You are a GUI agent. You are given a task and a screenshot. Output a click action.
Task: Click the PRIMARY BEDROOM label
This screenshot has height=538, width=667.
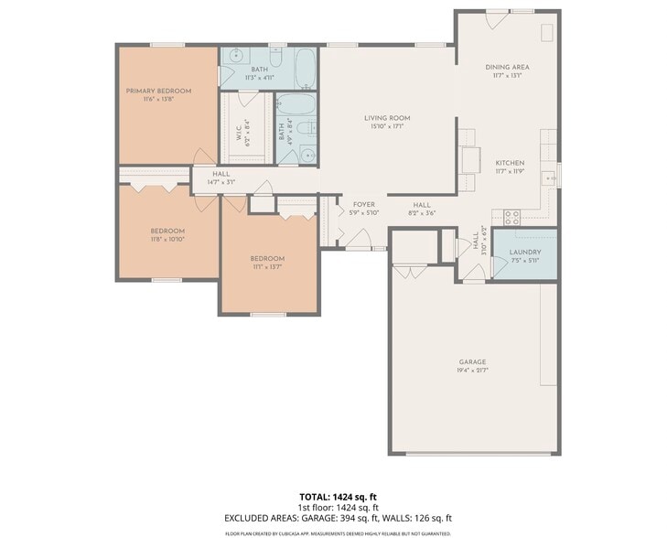[158, 91]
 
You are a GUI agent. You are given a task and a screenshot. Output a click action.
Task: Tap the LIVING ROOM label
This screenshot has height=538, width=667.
[386, 118]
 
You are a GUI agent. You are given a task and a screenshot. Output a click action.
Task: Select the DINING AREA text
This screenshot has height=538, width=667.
[507, 67]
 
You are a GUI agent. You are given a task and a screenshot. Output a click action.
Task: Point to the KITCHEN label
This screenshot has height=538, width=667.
[510, 162]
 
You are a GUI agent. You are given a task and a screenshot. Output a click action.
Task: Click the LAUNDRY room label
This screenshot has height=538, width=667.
[525, 252]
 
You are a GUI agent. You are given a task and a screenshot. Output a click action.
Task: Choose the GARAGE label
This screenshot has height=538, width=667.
[472, 361]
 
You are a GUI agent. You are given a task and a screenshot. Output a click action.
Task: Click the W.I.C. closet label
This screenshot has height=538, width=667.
[239, 134]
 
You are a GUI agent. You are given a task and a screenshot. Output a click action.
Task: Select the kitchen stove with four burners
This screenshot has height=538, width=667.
[511, 218]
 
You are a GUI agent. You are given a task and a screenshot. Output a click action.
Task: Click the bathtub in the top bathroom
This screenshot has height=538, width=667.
[305, 67]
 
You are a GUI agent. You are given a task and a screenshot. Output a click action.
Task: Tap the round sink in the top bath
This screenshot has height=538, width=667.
[234, 54]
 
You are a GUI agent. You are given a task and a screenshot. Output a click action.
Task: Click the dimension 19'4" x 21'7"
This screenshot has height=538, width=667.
[472, 371]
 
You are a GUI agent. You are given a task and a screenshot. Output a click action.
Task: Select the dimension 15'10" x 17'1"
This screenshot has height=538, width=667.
[386, 126]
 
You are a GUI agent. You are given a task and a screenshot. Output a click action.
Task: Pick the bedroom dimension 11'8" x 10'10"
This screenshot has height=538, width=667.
[167, 239]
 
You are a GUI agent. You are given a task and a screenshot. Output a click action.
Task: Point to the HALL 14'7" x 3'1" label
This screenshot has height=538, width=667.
[221, 178]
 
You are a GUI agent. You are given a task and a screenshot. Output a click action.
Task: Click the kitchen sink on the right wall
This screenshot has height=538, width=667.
[550, 178]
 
